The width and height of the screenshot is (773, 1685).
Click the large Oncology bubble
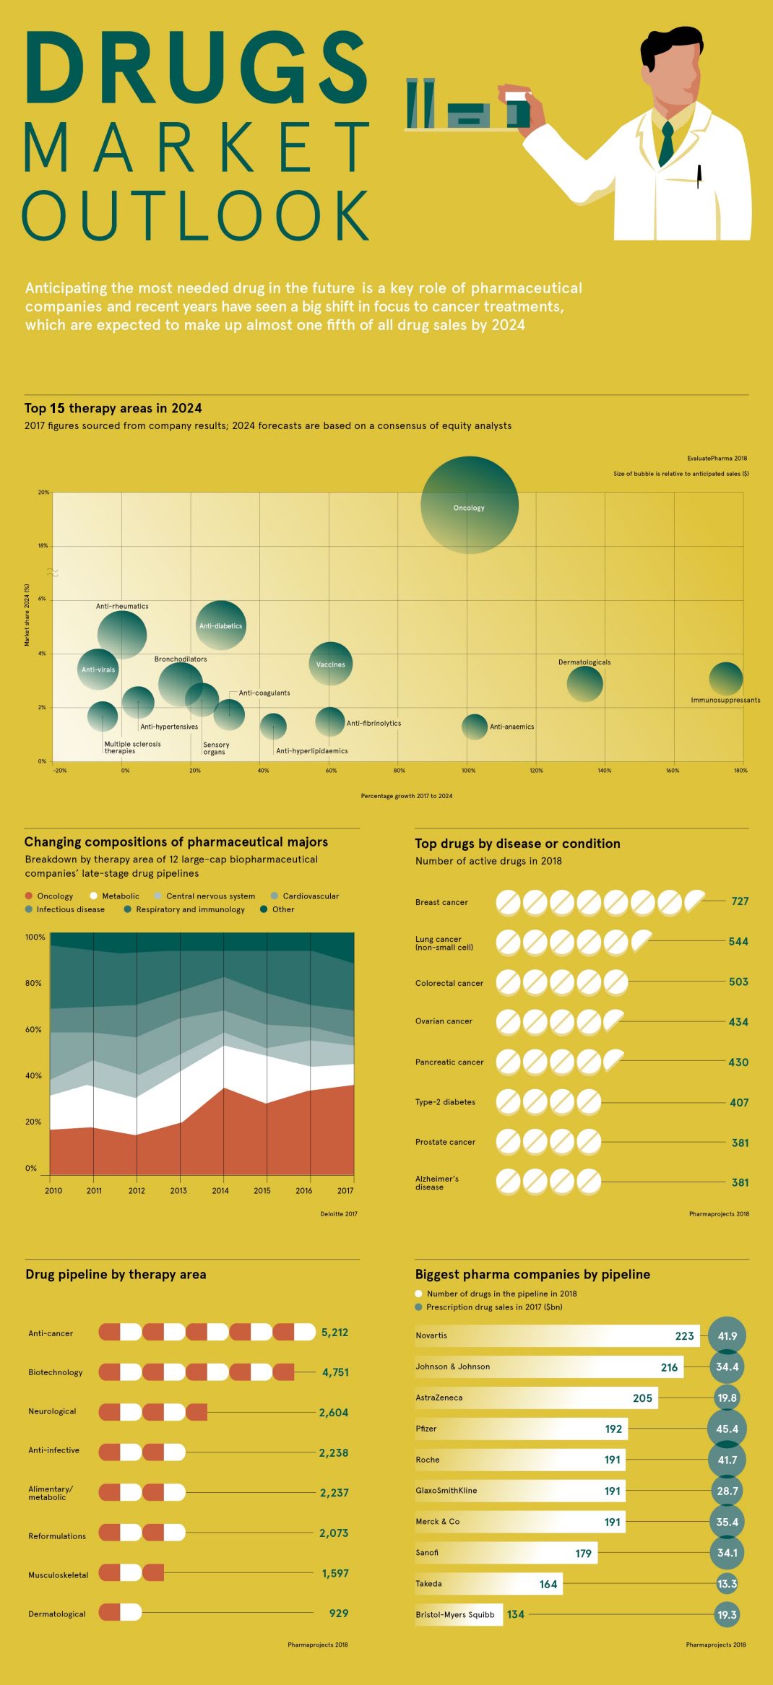coord(470,505)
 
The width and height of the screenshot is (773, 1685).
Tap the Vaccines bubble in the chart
coord(331,664)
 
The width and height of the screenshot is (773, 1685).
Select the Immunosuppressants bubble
coord(725,679)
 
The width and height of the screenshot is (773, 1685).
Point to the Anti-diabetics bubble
coord(221,625)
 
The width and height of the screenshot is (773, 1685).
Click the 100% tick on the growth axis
coord(468,771)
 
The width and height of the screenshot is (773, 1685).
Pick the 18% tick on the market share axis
coord(43,546)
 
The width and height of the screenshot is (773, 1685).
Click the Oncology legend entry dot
coord(29,896)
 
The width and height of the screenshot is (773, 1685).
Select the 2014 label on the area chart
coord(220,1190)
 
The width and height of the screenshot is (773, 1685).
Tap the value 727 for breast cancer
coord(740,901)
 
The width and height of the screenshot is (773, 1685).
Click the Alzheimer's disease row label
coord(436,1182)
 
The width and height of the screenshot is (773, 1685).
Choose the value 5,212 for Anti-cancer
coord(334,1333)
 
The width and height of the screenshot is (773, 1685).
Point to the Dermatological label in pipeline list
coord(56,1613)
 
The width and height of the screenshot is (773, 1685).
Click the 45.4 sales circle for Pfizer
coord(727,1429)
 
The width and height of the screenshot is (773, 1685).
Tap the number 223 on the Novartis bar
coord(684,1336)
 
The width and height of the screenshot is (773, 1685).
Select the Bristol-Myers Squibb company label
coord(454,1614)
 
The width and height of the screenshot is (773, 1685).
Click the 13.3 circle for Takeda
coord(727,1584)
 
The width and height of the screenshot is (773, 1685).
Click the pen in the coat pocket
coord(699,176)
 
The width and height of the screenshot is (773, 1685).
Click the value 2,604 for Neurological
coord(333,1413)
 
